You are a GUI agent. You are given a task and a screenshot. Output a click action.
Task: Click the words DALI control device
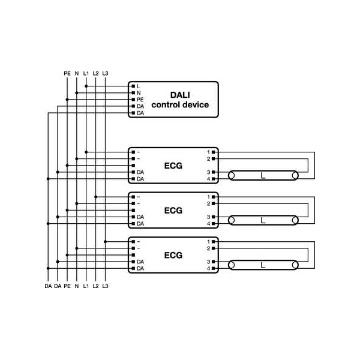[180, 100]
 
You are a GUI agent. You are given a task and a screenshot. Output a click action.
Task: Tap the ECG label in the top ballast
[173, 165]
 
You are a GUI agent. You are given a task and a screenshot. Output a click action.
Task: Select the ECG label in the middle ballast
[173, 210]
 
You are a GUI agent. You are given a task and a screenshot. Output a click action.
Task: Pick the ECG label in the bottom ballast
[173, 255]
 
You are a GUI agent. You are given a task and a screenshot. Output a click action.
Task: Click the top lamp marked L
[263, 175]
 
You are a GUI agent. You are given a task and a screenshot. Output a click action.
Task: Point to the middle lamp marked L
[263, 220]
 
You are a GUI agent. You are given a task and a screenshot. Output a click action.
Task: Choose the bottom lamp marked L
[263, 265]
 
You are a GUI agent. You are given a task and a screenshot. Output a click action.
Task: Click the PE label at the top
[67, 73]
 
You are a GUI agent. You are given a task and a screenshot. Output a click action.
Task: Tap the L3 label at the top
[106, 73]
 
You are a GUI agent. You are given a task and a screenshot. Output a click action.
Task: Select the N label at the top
[77, 73]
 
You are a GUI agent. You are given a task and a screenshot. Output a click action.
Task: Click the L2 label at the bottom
[96, 286]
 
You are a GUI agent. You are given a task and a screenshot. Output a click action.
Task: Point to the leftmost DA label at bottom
[48, 286]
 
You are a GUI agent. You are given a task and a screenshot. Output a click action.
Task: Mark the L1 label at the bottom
[86, 286]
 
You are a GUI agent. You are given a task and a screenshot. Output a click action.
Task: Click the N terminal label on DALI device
[139, 93]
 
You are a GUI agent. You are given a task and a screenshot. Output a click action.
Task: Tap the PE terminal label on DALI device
[140, 100]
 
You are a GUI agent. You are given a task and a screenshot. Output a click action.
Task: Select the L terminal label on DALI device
[139, 86]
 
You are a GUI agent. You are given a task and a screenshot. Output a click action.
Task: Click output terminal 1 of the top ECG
[208, 152]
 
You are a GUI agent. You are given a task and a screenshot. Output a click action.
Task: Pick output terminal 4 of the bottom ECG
[208, 268]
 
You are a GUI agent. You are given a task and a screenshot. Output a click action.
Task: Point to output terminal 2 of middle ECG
[208, 203]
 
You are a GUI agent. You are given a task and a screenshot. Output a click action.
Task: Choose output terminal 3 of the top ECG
[208, 172]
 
